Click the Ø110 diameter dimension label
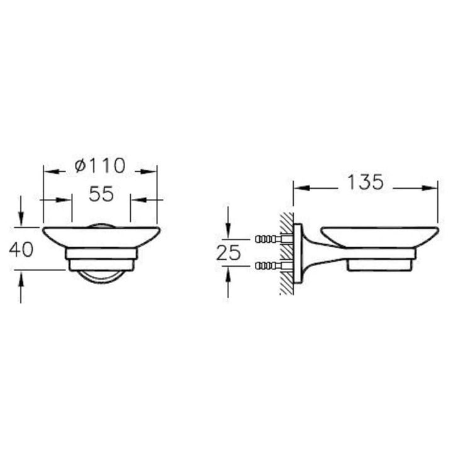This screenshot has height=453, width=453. [100, 165]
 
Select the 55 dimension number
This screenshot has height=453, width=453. [101, 194]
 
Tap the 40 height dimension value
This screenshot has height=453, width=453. [21, 250]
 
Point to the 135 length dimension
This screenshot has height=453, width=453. [365, 182]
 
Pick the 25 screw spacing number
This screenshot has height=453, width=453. [228, 253]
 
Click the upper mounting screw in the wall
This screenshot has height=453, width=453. [268, 239]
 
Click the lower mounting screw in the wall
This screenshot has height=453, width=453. [268, 266]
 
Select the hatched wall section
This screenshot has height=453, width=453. [287, 254]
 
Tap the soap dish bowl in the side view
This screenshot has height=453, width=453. [380, 237]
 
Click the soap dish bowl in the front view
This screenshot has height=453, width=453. [101, 237]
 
